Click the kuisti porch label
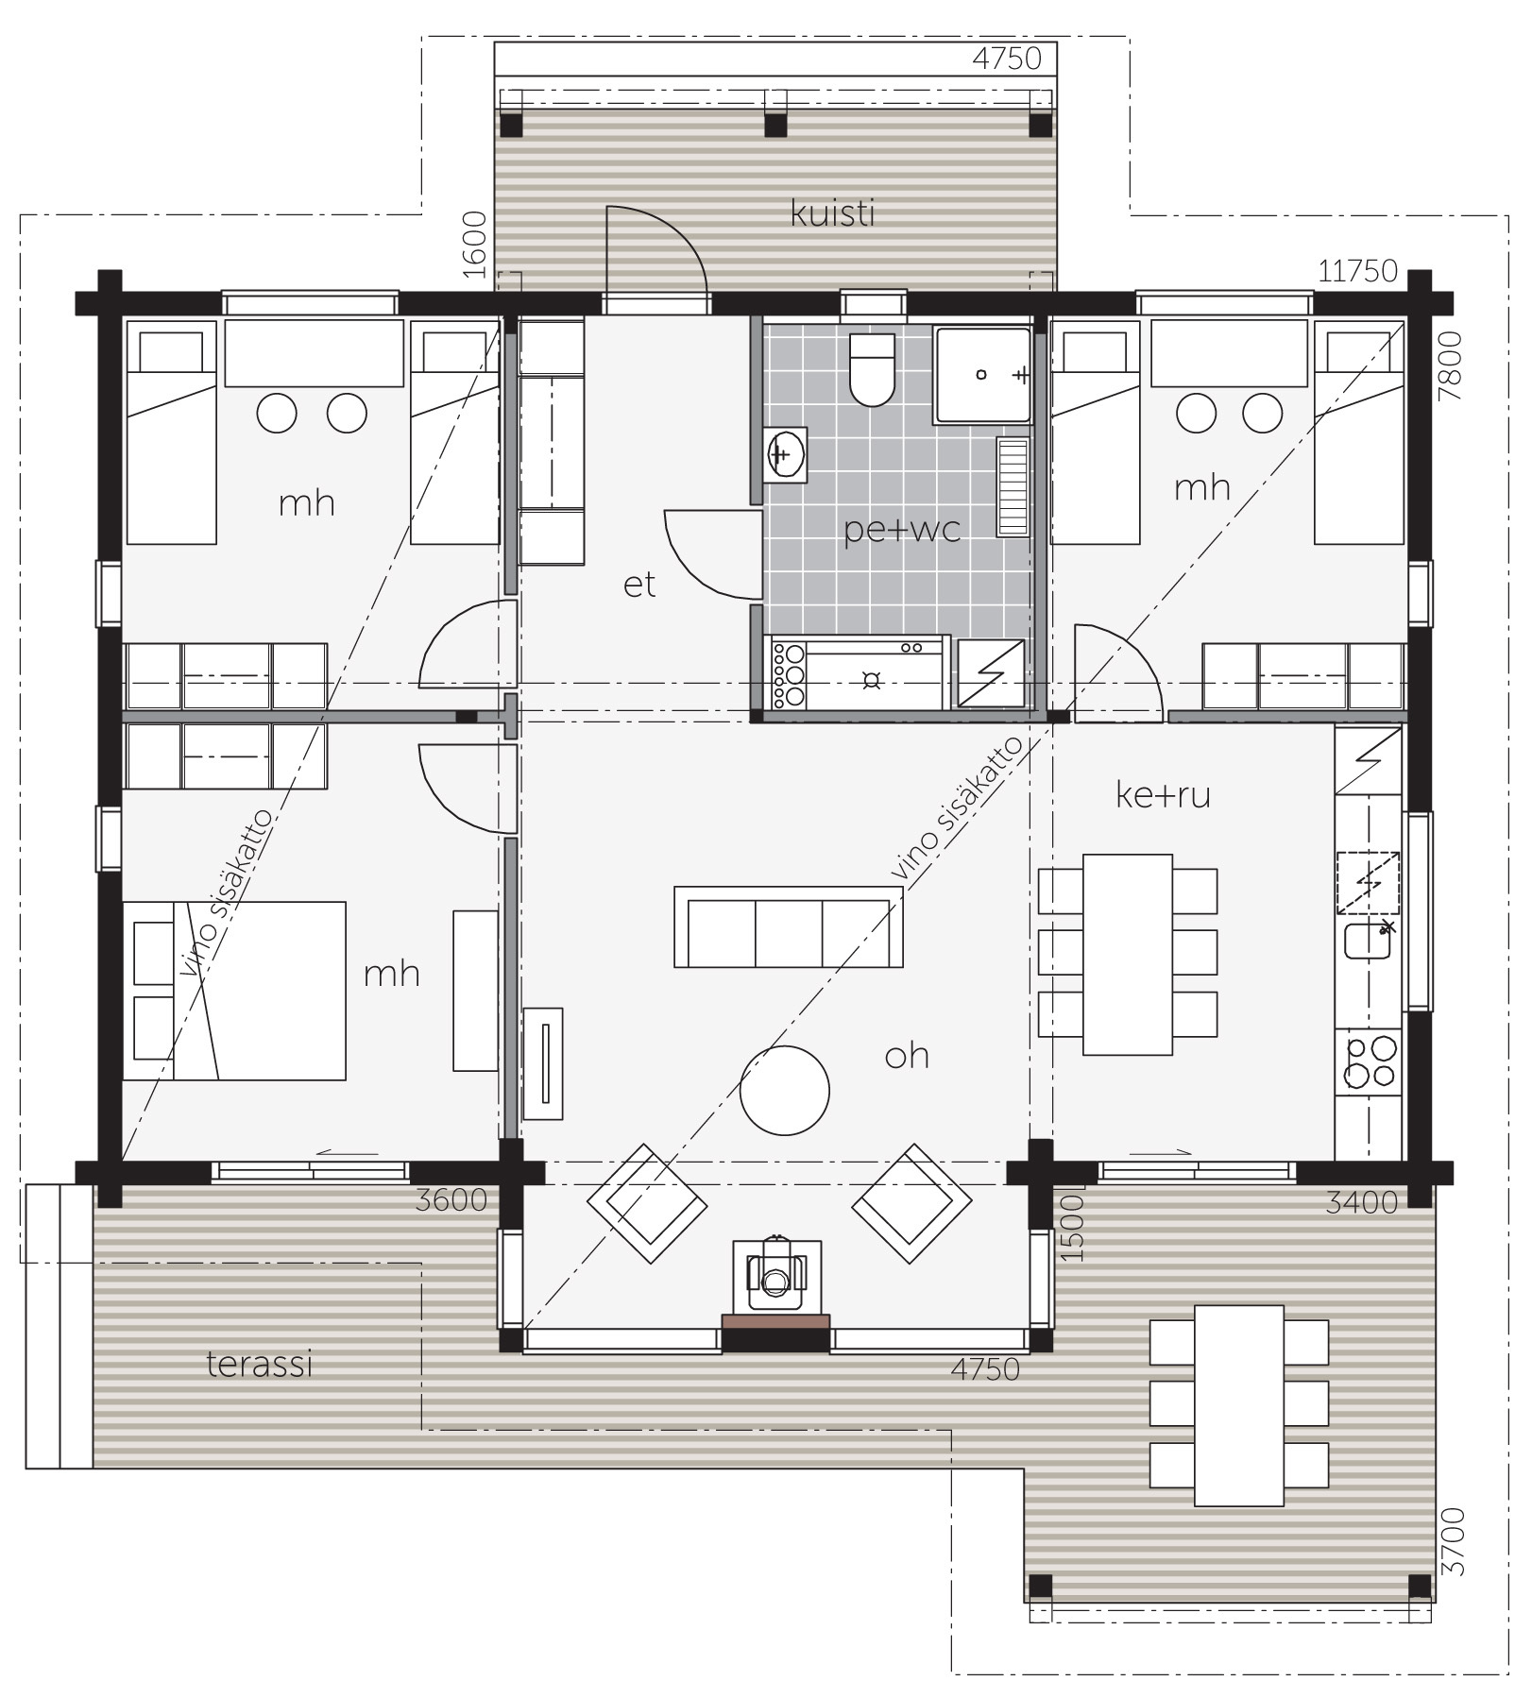point(832,213)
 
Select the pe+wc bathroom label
point(901,530)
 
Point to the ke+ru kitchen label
point(1163,795)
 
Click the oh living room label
point(907,1055)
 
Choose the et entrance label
point(638,585)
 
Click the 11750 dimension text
point(1357,271)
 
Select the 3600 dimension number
point(451,1199)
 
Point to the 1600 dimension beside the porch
point(475,244)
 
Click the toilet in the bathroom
point(871,368)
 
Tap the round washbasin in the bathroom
point(784,455)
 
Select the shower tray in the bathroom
point(981,375)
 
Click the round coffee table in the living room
point(785,1090)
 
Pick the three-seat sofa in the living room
point(788,926)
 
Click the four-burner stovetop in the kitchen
point(1369,1062)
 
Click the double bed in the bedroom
point(234,990)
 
